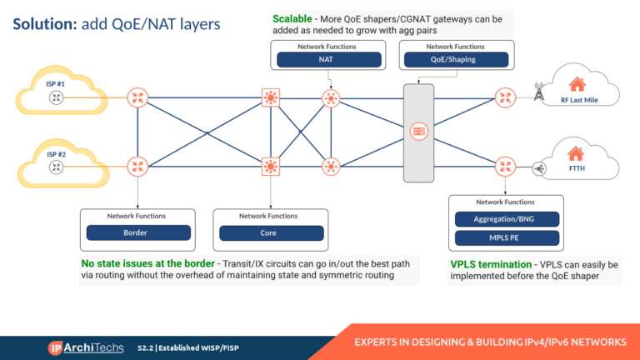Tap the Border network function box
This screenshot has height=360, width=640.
point(135,232)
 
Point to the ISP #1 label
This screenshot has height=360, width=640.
point(56,83)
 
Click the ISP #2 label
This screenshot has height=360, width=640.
point(56,153)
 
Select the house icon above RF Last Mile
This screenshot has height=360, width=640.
point(576,84)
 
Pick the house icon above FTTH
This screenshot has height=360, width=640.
point(576,153)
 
